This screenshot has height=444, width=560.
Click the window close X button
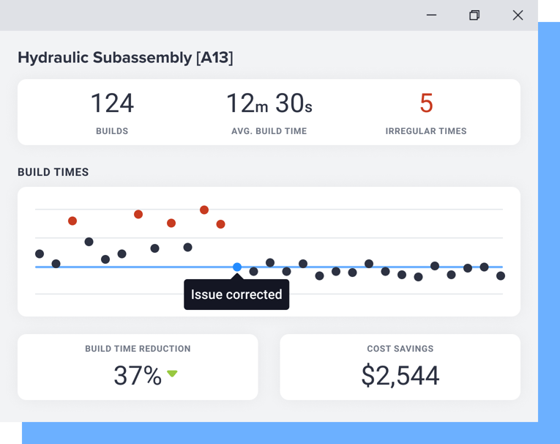pyautogui.click(x=518, y=15)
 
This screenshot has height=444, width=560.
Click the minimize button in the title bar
pyautogui.click(x=432, y=15)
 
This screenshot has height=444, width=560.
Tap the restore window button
pyautogui.click(x=474, y=15)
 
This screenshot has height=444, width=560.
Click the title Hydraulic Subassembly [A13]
pyautogui.click(x=125, y=57)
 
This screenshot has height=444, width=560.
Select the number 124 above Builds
pyautogui.click(x=112, y=103)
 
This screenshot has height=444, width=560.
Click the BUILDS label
pyautogui.click(x=112, y=131)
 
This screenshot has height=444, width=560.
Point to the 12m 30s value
pyautogui.click(x=269, y=103)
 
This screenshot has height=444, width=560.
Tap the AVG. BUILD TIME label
pyautogui.click(x=269, y=131)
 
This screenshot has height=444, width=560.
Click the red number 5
pyautogui.click(x=426, y=103)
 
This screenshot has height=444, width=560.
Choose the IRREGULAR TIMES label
pyautogui.click(x=426, y=131)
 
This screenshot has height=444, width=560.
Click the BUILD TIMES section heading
pyautogui.click(x=53, y=172)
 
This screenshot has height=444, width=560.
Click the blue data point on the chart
pyautogui.click(x=237, y=267)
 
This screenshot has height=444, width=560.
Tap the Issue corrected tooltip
pyautogui.click(x=236, y=295)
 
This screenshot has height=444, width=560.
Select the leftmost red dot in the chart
pyautogui.click(x=72, y=221)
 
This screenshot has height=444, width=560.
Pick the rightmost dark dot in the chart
pyautogui.click(x=501, y=276)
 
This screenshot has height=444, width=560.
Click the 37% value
pyautogui.click(x=138, y=375)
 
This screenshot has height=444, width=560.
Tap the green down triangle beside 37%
pyautogui.click(x=172, y=374)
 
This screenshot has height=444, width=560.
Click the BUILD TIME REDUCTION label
pyautogui.click(x=138, y=349)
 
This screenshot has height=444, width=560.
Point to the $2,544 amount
pyautogui.click(x=400, y=375)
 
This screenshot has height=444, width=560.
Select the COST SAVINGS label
pyautogui.click(x=400, y=349)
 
